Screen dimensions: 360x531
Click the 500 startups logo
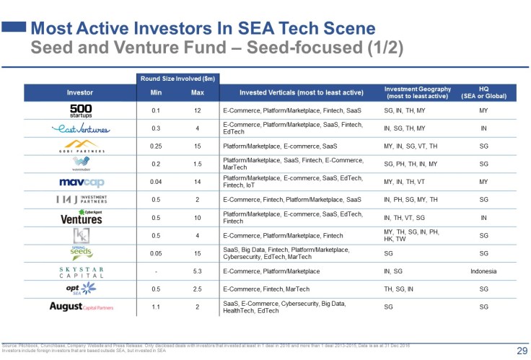[80, 110]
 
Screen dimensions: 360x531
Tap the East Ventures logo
[80, 129]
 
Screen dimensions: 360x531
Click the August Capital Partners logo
[80, 307]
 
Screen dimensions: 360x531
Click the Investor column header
[80, 92]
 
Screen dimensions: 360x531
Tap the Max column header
[197, 92]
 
